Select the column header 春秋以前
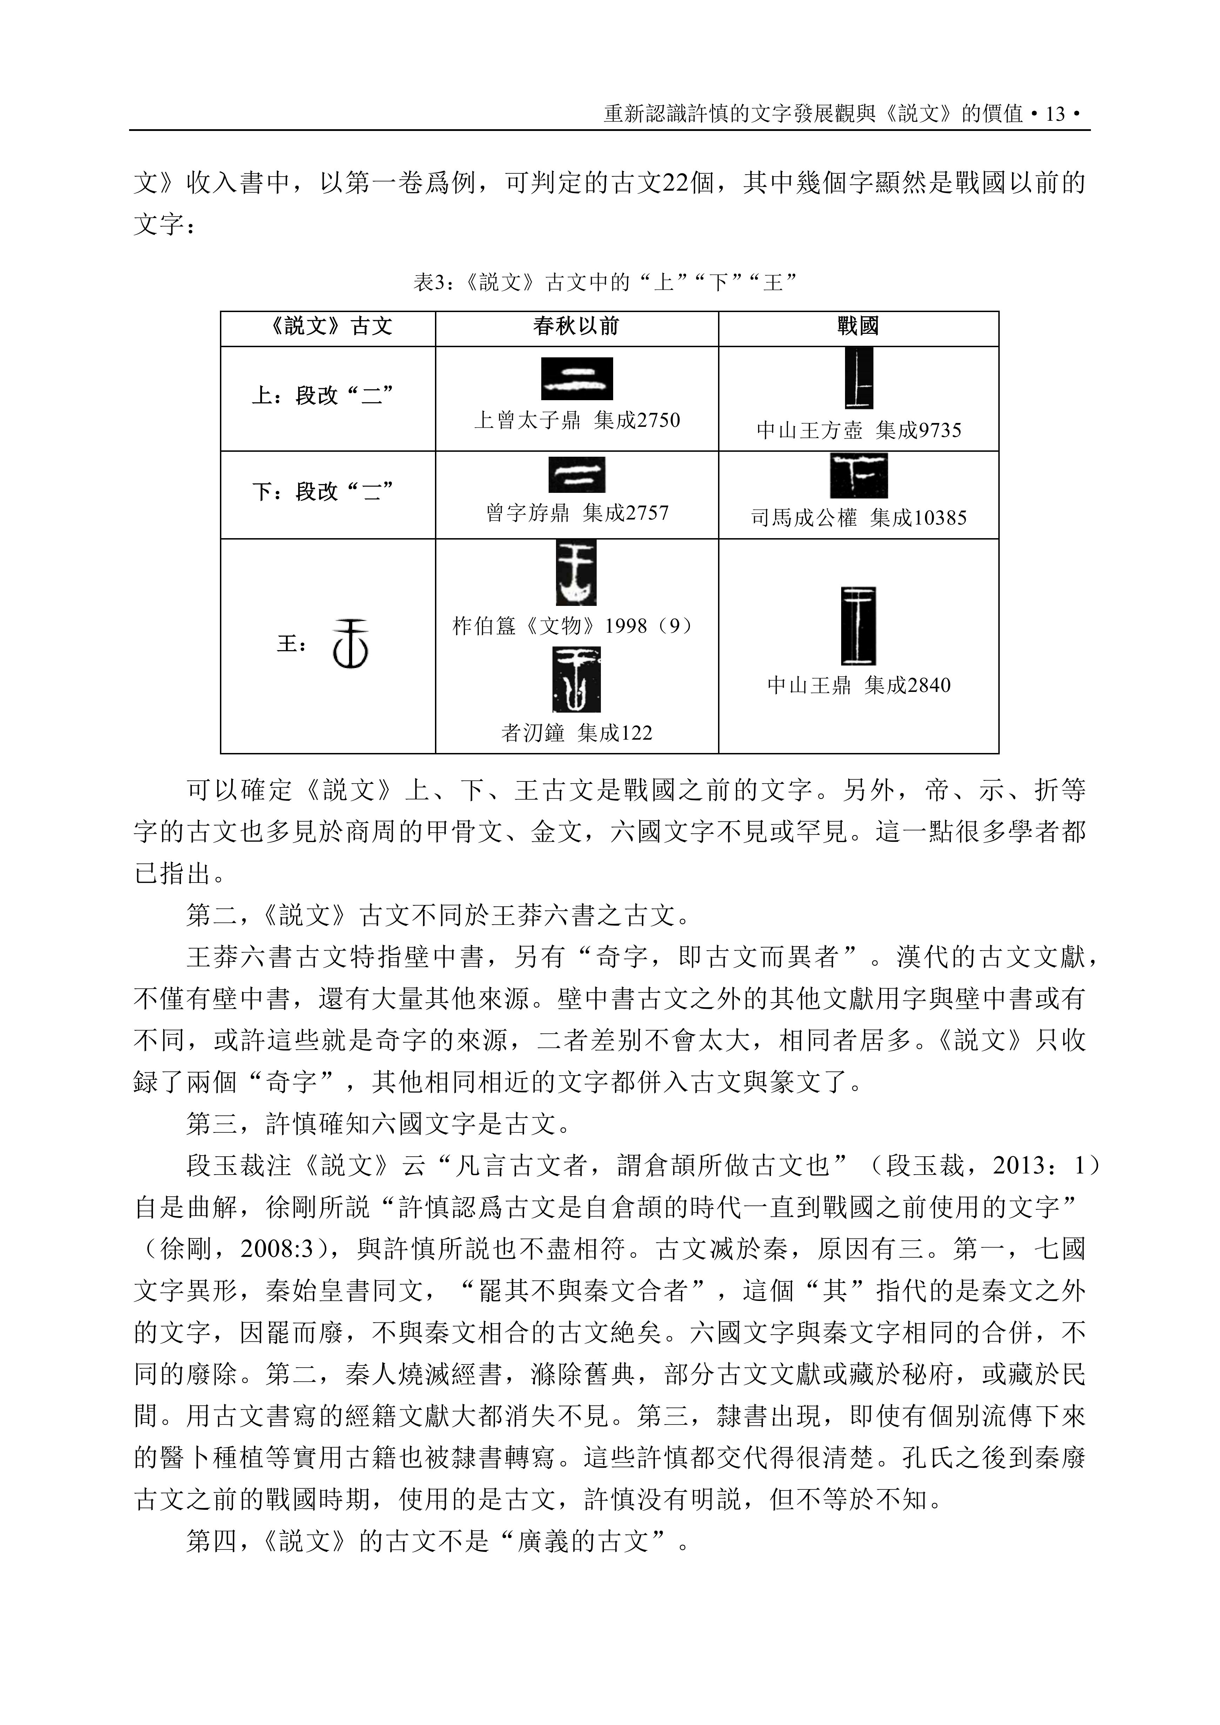tap(576, 326)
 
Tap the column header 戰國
tap(858, 326)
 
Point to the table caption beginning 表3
tap(605, 283)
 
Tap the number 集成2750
tap(636, 420)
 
